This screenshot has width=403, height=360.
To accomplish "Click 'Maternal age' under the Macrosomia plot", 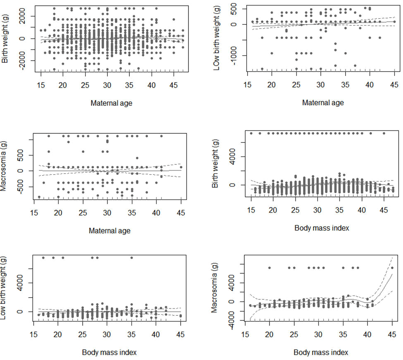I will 110,231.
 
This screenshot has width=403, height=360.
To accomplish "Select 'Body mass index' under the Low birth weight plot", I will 110,352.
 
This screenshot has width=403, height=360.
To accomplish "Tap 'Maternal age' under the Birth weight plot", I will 112,103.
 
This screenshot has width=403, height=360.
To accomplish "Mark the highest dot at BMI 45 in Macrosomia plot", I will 392,268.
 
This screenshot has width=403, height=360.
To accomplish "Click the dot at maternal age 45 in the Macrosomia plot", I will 181,167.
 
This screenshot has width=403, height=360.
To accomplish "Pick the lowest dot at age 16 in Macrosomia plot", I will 39,197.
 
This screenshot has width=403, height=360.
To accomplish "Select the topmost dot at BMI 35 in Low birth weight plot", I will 132,258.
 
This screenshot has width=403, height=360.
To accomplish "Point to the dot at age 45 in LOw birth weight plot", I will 394,22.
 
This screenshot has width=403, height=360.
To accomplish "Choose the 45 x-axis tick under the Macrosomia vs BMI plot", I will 392,337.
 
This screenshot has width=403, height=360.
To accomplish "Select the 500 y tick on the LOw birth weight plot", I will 234,9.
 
